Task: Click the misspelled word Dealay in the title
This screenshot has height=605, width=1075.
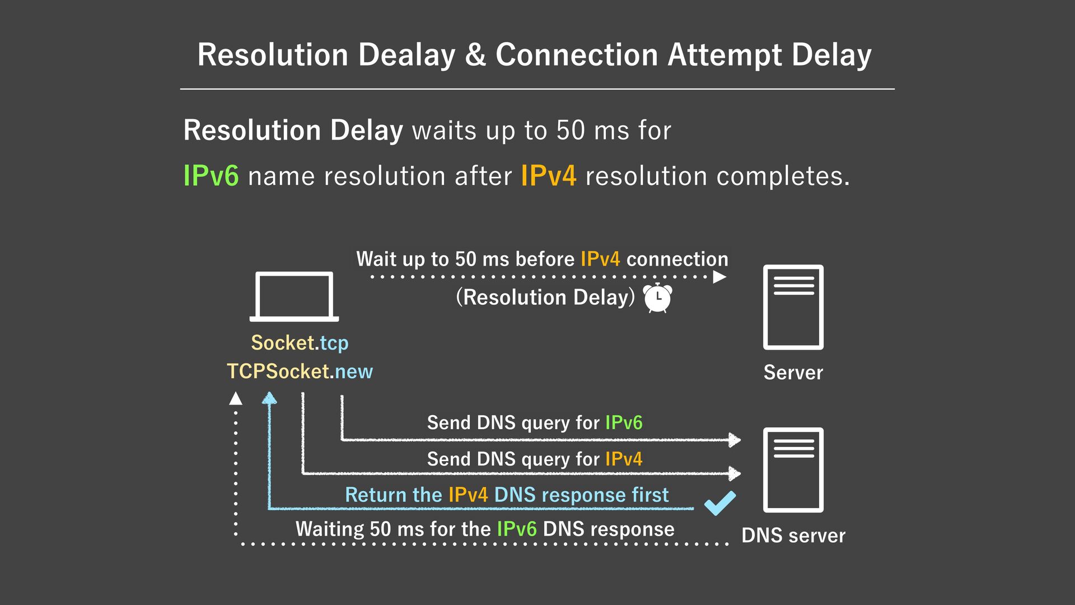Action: coord(406,55)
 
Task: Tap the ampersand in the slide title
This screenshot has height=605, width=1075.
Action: coord(475,55)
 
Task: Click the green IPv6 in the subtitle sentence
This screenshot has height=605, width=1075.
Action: coord(211,176)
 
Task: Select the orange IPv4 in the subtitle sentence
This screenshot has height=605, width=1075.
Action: coord(548,176)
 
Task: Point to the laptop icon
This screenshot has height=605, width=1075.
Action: coord(294,296)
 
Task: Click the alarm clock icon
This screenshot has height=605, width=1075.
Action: coord(657,297)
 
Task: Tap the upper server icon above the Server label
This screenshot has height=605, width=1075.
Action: coord(793,307)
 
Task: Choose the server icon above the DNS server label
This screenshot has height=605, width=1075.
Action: coord(793,469)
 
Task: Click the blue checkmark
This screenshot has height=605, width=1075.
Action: coord(720,502)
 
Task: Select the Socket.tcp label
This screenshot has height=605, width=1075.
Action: coord(300,343)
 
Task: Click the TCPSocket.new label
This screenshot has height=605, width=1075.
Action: coord(300,371)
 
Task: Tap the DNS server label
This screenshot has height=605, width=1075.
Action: coord(793,536)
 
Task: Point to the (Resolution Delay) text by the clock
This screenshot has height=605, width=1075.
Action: coord(545,297)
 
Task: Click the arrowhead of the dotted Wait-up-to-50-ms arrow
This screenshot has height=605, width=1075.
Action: coord(720,277)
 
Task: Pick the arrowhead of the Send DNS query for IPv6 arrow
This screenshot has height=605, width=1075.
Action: coord(735,440)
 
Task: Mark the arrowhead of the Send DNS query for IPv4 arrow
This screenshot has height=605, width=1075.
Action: coord(735,473)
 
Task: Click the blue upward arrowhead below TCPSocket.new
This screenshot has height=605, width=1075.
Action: coord(269,398)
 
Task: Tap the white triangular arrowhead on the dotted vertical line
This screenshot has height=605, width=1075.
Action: coord(236,398)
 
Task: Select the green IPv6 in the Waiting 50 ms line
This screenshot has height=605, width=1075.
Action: coord(516,529)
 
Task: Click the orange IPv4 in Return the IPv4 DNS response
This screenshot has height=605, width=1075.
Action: coord(468,495)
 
